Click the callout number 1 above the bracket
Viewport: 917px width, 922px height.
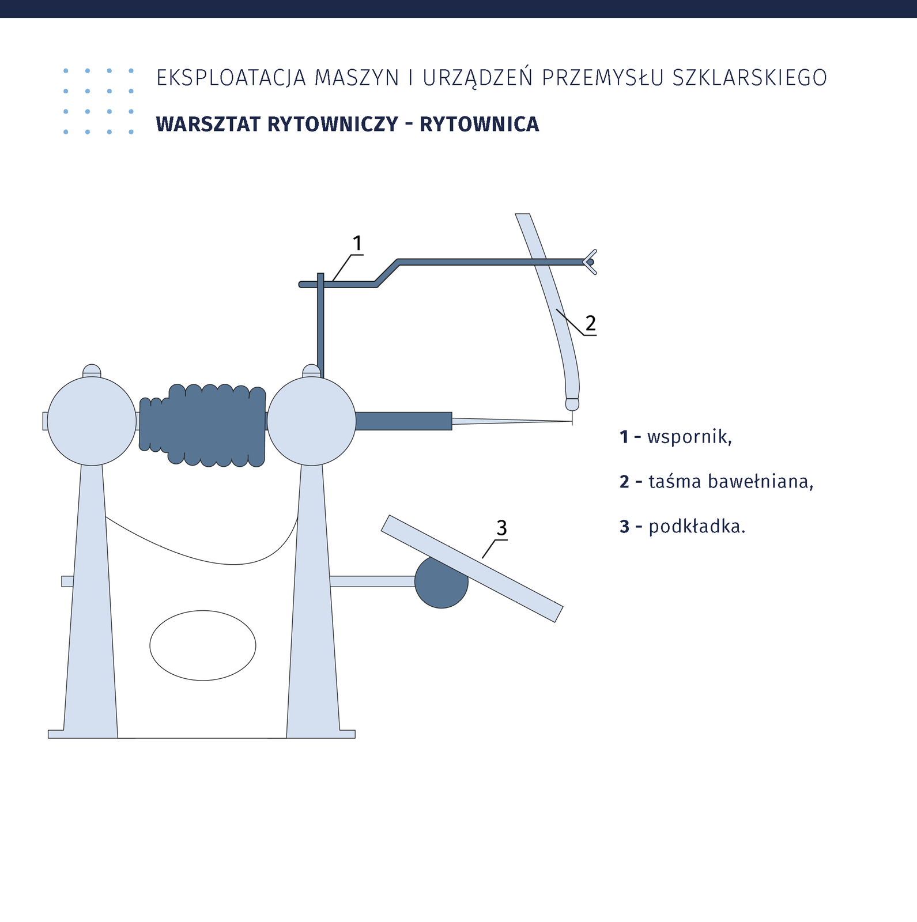[x=357, y=244]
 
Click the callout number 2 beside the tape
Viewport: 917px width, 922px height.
[x=590, y=323]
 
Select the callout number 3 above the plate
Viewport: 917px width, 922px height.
[x=501, y=527]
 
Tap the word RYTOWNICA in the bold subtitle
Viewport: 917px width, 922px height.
[x=479, y=124]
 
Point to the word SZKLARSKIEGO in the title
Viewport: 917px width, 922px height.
[x=750, y=78]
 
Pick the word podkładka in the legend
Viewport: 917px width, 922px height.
[x=695, y=526]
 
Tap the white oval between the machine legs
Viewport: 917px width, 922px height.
[x=203, y=645]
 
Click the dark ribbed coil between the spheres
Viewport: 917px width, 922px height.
[x=202, y=425]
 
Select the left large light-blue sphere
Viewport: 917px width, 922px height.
[x=92, y=421]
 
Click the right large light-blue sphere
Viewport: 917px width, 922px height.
[x=312, y=421]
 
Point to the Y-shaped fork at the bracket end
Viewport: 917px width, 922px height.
[x=590, y=262]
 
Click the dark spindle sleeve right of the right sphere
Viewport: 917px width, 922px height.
[x=403, y=421]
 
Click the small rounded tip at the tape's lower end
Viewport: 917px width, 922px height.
[x=572, y=404]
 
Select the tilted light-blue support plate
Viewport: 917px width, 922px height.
[x=472, y=569]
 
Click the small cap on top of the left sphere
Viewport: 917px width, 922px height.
[x=92, y=371]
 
